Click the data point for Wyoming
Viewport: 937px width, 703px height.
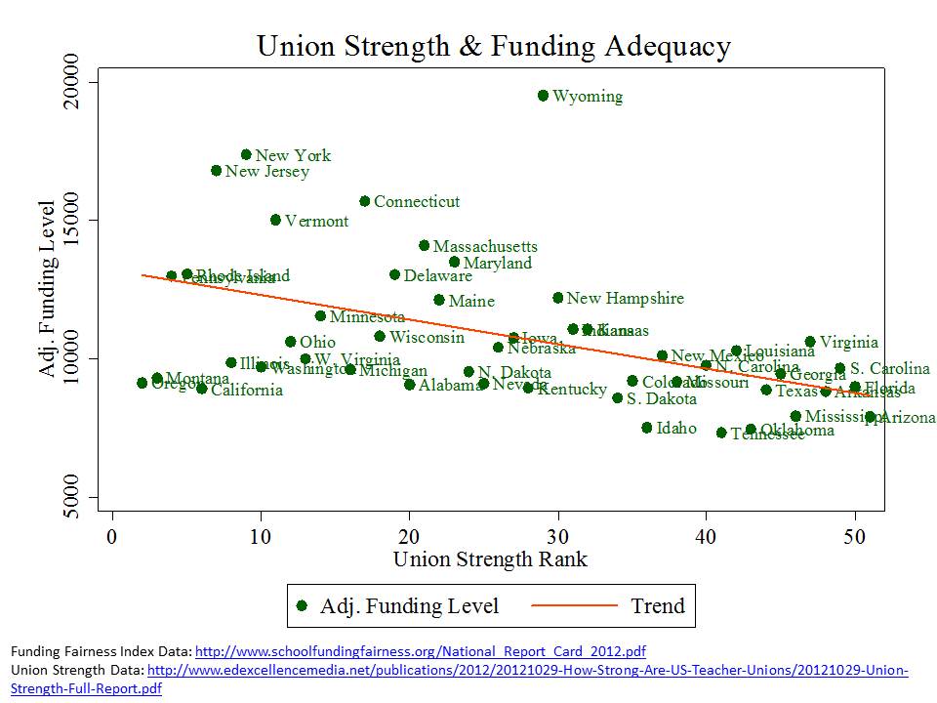click(x=543, y=96)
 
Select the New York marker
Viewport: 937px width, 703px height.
click(x=246, y=154)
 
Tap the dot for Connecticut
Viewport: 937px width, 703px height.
click(x=365, y=201)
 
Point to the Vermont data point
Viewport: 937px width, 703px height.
click(x=275, y=220)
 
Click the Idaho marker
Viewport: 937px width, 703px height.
click(x=646, y=428)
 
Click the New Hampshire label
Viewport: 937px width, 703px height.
click(x=625, y=298)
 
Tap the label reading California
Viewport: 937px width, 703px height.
click(x=247, y=391)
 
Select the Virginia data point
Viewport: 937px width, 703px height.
click(x=810, y=342)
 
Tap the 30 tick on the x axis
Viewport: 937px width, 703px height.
click(x=558, y=536)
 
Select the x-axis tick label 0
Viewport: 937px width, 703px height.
click(x=113, y=536)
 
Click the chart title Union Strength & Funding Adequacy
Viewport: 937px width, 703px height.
click(x=493, y=46)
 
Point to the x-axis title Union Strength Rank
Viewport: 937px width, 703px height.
click(x=490, y=559)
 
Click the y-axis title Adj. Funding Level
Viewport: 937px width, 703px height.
click(x=47, y=290)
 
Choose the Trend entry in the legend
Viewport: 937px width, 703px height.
click(x=657, y=605)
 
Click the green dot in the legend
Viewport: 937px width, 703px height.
click(x=303, y=605)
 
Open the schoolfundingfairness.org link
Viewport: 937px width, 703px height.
click(x=421, y=651)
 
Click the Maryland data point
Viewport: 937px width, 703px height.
click(x=454, y=262)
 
